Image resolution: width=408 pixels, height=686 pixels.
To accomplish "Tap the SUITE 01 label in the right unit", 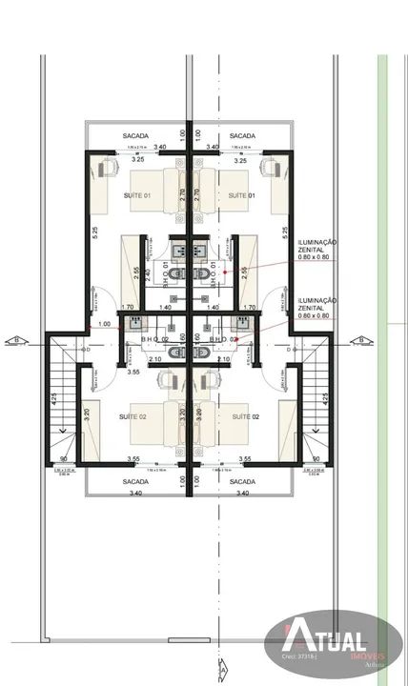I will [x=239, y=194].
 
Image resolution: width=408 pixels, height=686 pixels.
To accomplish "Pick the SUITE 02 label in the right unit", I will [x=247, y=416].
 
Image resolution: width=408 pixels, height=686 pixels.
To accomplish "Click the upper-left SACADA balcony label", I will [x=135, y=136].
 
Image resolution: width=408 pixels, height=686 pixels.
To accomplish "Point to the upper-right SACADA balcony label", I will [x=242, y=136].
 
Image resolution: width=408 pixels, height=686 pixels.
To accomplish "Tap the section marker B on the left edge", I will [x=14, y=338].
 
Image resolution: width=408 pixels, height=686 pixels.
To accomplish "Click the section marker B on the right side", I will [x=361, y=338].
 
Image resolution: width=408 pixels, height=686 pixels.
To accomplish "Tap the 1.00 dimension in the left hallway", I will [x=104, y=325].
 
